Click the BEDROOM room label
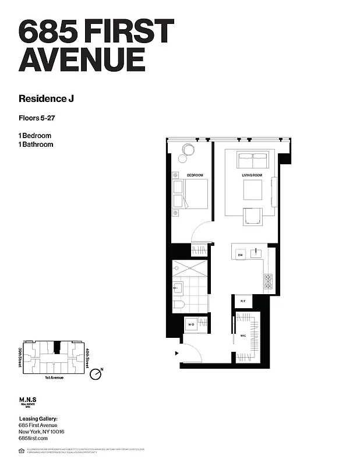pyautogui.click(x=195, y=175)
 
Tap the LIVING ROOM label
pyautogui.click(x=252, y=175)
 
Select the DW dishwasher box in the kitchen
pyautogui.click(x=239, y=255)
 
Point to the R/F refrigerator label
pyautogui.click(x=243, y=301)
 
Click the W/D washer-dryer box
pyautogui.click(x=190, y=324)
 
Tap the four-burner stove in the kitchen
pyautogui.click(x=268, y=282)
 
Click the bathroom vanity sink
pyautogui.click(x=178, y=288)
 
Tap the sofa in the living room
pyautogui.click(x=252, y=158)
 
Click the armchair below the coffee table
pyautogui.click(x=252, y=216)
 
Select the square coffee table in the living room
pyautogui.click(x=252, y=190)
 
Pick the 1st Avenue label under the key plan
pyautogui.click(x=52, y=377)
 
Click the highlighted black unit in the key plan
pyautogui.click(x=57, y=347)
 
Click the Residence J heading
pyautogui.click(x=46, y=98)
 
